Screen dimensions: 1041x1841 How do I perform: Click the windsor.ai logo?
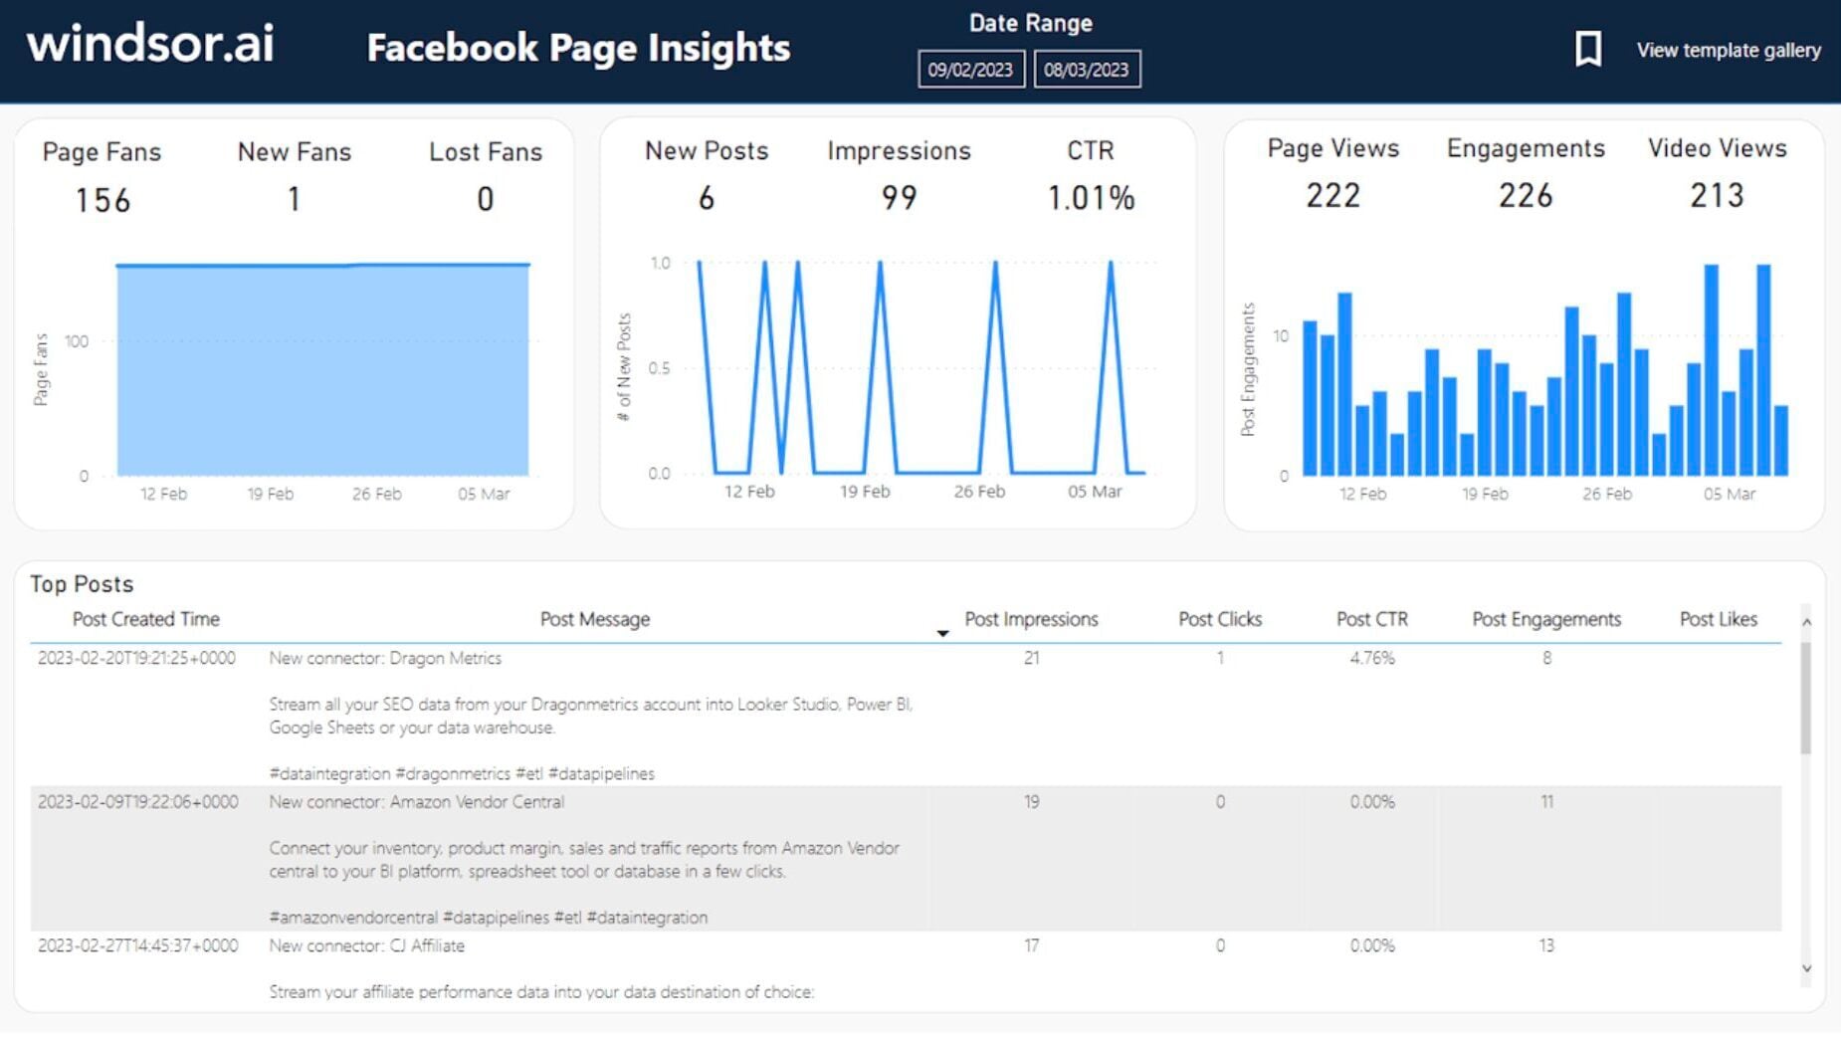pos(150,44)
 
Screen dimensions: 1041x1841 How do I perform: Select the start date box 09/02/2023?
pos(970,70)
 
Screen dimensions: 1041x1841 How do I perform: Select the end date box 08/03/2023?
pos(1087,70)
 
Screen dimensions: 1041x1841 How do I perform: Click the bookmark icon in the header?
pos(1588,49)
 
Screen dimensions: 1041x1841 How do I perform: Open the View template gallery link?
pos(1729,50)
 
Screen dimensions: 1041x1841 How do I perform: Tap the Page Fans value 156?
pos(102,201)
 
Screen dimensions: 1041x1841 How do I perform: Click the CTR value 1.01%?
pos(1091,198)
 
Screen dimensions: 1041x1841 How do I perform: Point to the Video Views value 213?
pos(1717,195)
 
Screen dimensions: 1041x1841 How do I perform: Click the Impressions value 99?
pos(899,198)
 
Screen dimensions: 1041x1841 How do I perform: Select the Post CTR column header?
pos(1371,619)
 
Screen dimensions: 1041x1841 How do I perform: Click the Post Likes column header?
pos(1718,619)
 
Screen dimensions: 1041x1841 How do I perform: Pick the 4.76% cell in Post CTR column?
pos(1371,658)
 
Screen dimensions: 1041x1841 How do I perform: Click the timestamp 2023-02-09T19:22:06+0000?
pos(138,802)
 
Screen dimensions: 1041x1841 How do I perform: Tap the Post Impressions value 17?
pos(1031,945)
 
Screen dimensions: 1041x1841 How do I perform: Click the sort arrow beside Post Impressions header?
pos(942,633)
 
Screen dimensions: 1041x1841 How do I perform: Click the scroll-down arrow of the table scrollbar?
pos(1806,968)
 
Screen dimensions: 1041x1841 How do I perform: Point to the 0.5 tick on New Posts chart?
pos(659,368)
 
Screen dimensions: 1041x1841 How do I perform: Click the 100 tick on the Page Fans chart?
pos(77,341)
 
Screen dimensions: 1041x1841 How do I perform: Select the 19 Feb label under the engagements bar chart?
pos(1485,494)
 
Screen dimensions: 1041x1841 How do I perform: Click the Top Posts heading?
pos(82,584)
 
